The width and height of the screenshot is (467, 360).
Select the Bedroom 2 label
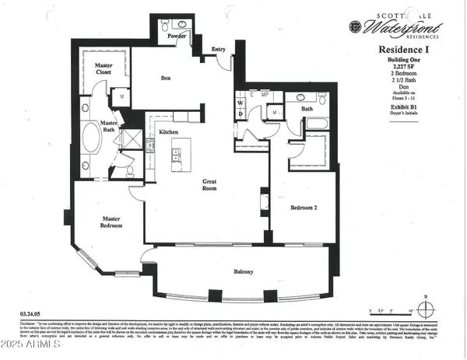(304, 208)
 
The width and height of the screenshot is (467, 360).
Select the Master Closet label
(104, 69)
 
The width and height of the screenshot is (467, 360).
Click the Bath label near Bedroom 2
(307, 109)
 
